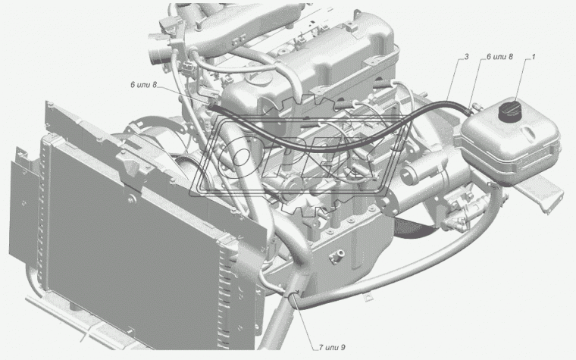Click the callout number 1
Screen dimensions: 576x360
(x=533, y=57)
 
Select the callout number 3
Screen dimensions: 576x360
(x=467, y=57)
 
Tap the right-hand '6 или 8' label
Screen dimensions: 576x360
(x=499, y=57)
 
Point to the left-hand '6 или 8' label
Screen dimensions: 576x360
(x=144, y=85)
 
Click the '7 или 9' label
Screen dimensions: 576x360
(x=332, y=347)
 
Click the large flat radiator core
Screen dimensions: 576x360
(x=136, y=243)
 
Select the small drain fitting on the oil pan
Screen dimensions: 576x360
(x=337, y=256)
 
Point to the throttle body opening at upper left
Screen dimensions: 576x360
(x=156, y=55)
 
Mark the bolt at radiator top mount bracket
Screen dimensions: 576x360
(x=131, y=199)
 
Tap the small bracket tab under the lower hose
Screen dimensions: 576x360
(x=367, y=296)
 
